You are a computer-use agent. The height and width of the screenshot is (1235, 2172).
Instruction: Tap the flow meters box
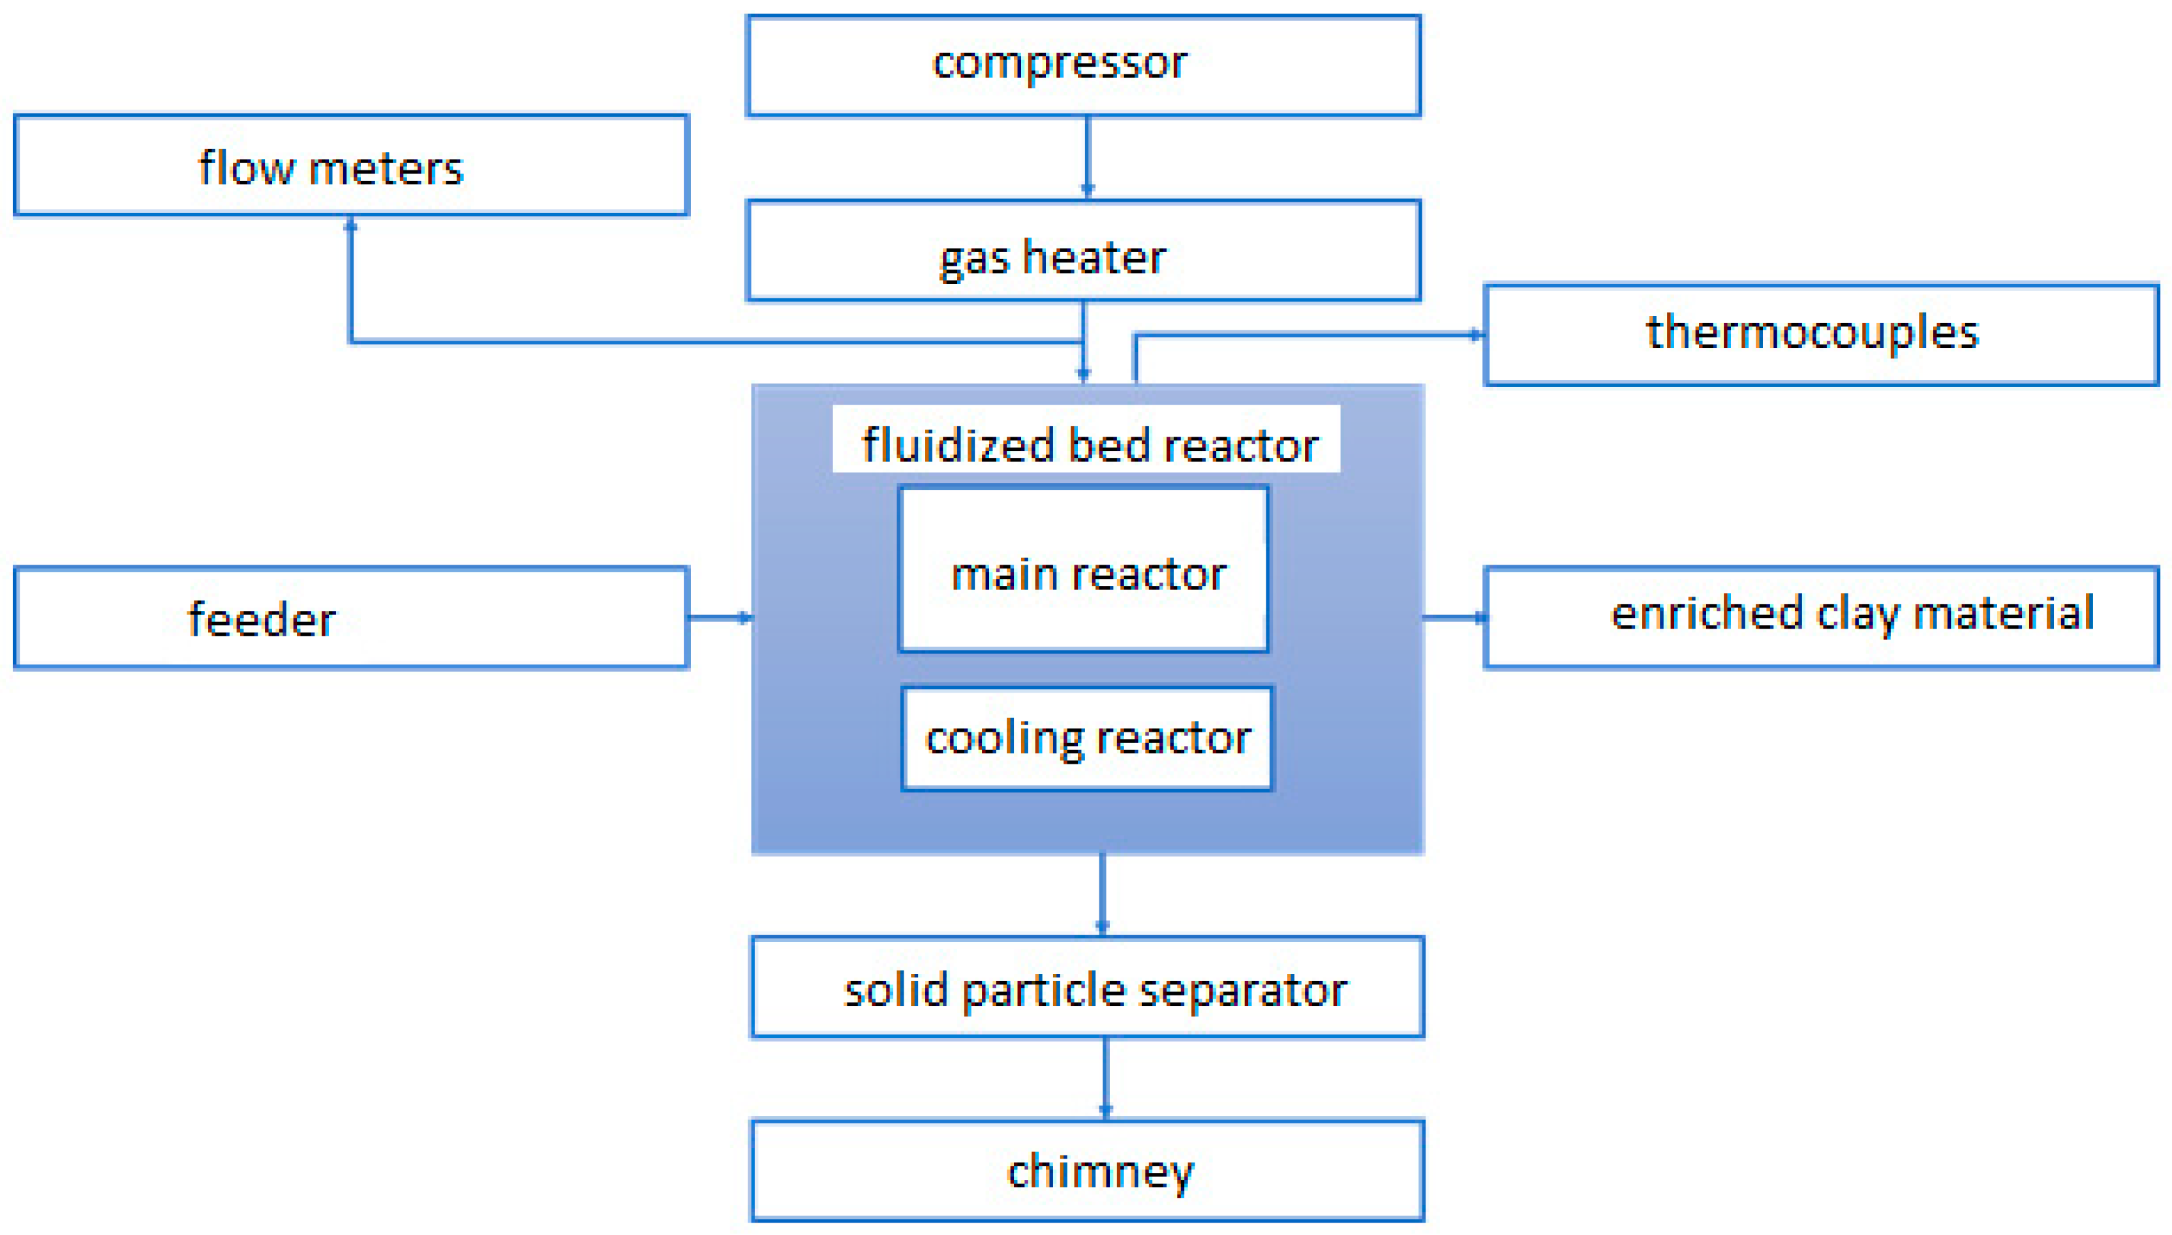(x=350, y=165)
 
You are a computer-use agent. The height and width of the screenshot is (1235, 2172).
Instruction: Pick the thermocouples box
(x=1820, y=334)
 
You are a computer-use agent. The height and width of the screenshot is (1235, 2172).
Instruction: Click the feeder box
(x=350, y=617)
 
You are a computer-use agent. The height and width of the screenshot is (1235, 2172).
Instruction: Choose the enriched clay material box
(x=1820, y=617)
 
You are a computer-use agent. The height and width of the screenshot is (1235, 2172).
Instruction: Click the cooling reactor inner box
(x=1087, y=739)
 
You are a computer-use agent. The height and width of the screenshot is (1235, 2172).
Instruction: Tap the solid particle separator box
(x=1087, y=988)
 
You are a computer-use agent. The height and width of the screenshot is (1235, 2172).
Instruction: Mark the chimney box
(x=1087, y=1170)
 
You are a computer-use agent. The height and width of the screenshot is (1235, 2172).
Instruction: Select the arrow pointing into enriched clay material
(x=1453, y=617)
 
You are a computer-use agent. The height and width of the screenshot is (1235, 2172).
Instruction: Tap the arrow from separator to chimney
(x=1105, y=1077)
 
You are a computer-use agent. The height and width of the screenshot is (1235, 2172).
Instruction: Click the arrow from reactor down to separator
(x=1101, y=894)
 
